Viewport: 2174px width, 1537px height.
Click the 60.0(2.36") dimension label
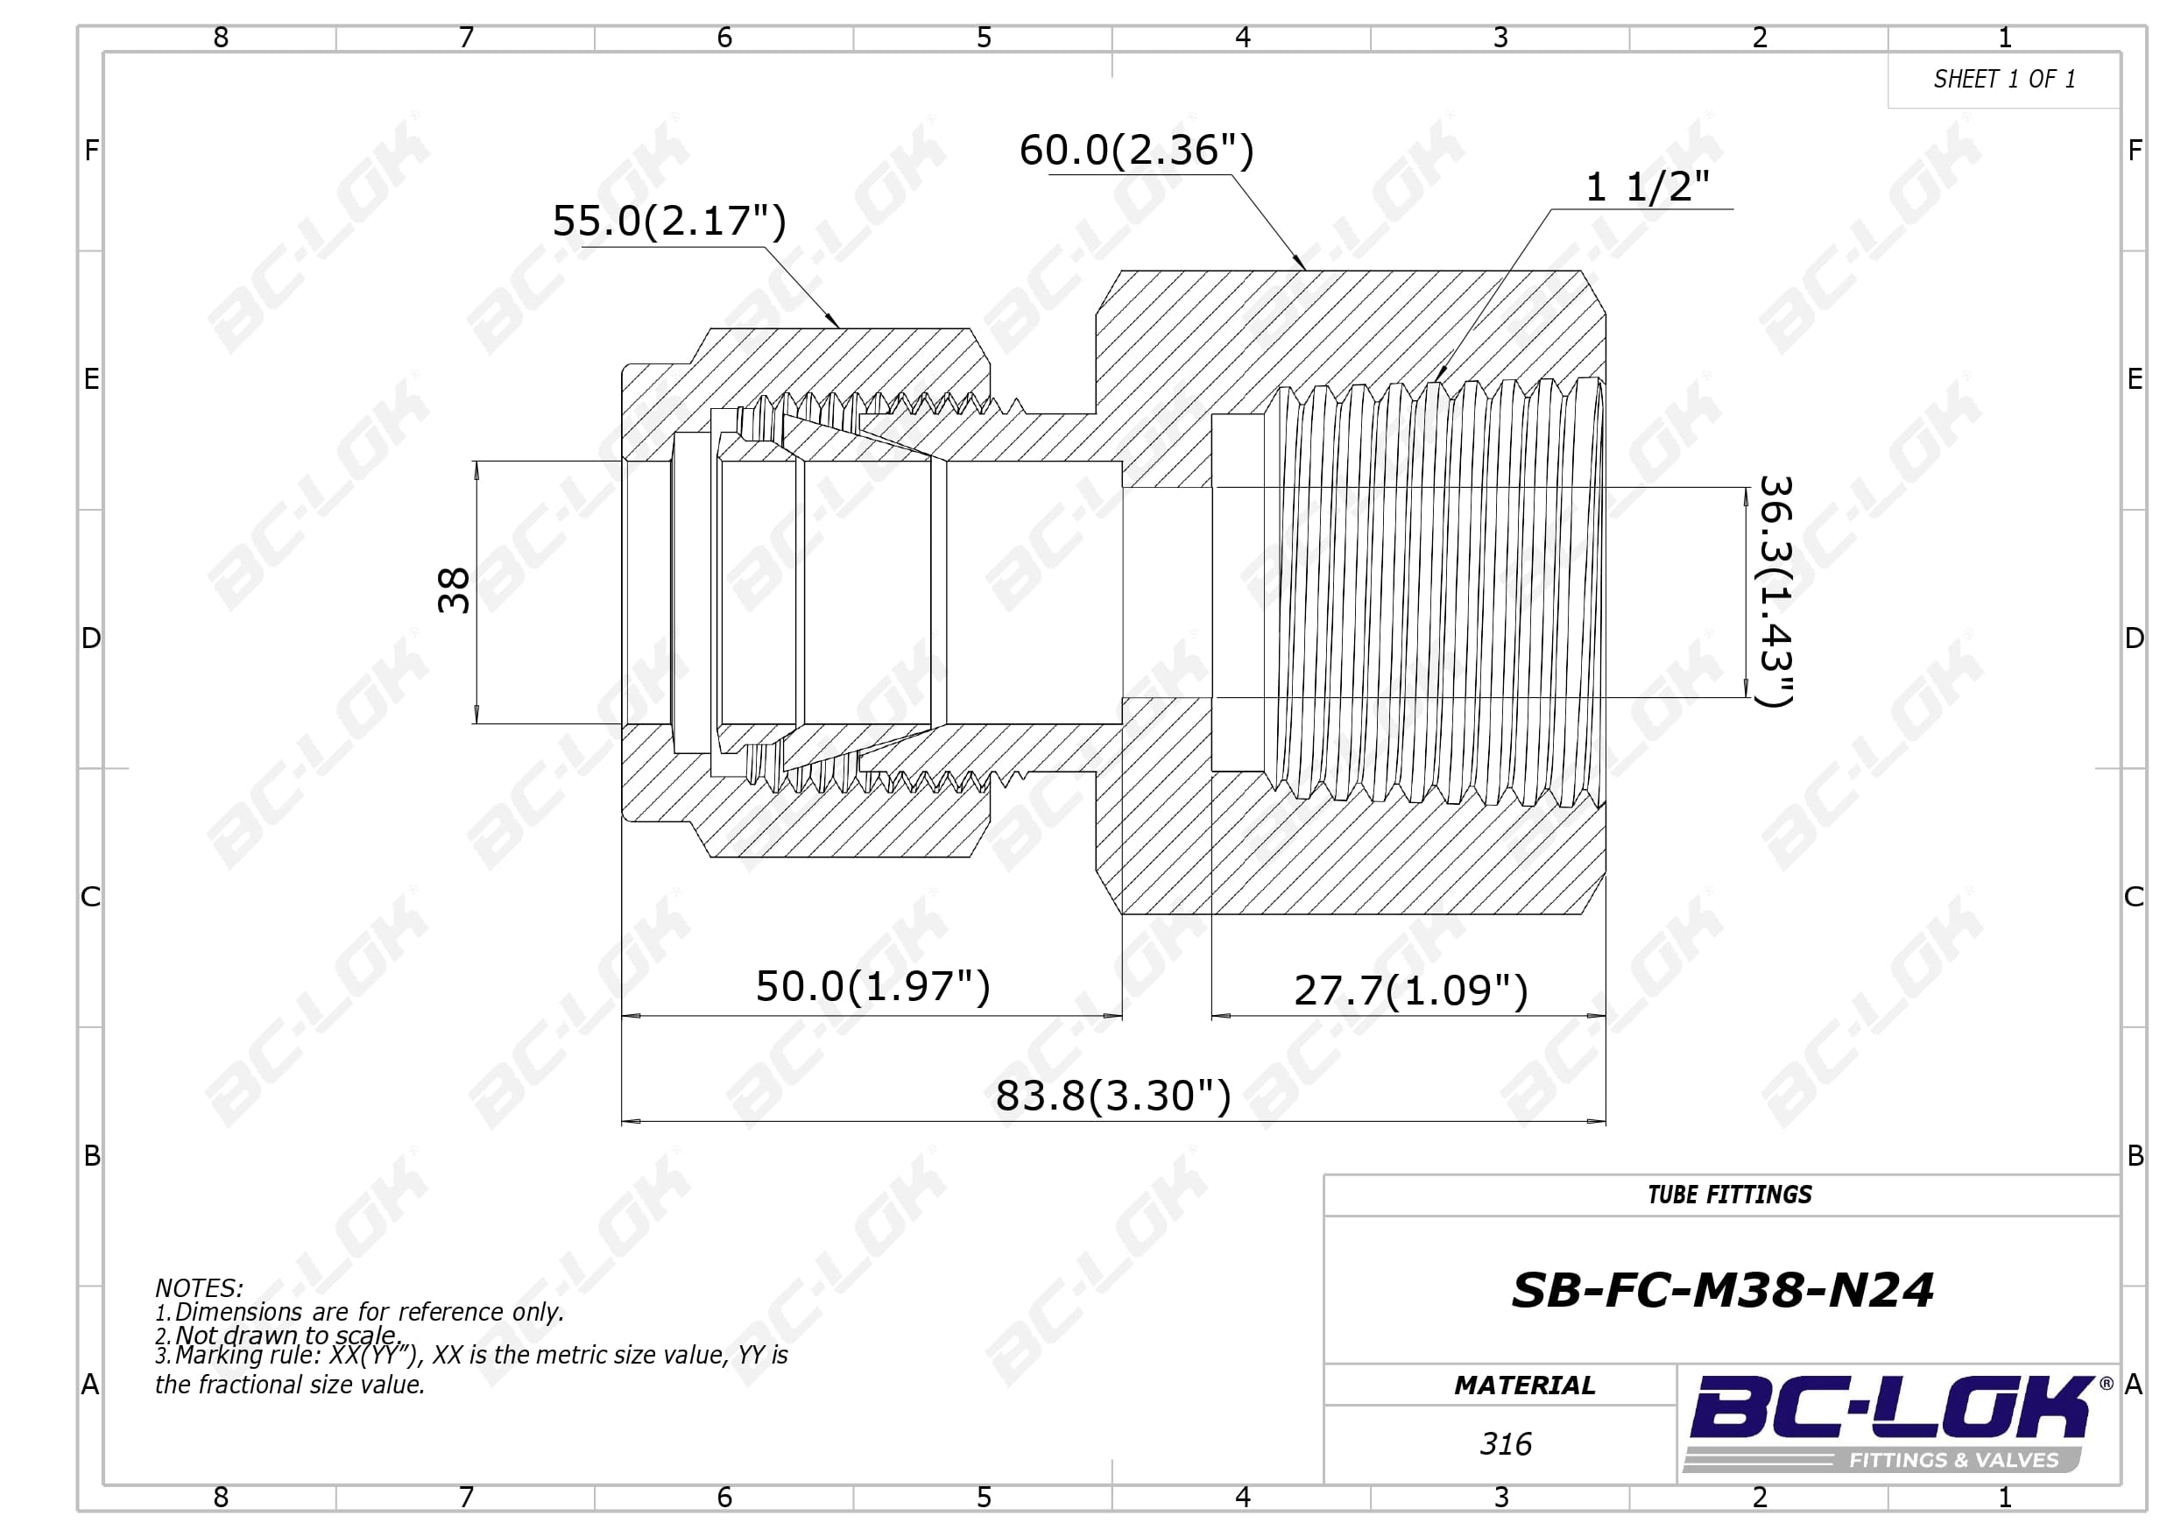(x=1136, y=150)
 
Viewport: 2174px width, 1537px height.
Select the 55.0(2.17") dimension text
(x=669, y=221)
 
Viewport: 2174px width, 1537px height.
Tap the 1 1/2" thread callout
(x=1648, y=187)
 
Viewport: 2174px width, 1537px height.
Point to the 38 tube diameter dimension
(x=454, y=591)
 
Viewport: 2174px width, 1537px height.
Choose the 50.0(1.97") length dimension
(x=873, y=986)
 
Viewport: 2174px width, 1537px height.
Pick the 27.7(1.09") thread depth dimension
(x=1411, y=991)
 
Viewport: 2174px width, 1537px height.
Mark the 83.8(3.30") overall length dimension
(x=1113, y=1096)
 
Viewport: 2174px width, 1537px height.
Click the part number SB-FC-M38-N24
(x=1722, y=1290)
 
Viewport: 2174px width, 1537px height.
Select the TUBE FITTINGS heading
(x=1730, y=1195)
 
